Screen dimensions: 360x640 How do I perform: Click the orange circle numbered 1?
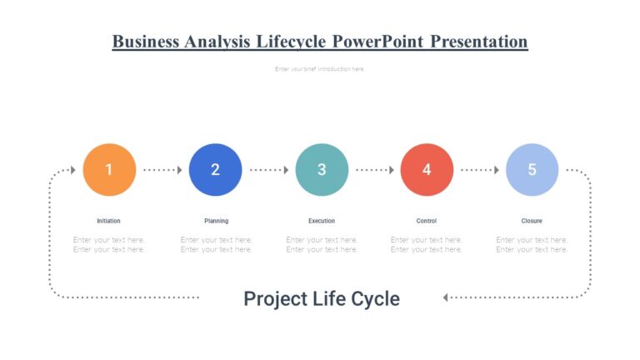pos(109,170)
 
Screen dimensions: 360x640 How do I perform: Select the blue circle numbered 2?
pos(215,170)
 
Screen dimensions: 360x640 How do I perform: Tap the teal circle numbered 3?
pos(322,170)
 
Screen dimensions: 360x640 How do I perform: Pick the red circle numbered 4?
pos(427,170)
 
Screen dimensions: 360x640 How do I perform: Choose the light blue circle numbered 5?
pos(532,170)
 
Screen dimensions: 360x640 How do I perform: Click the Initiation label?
pos(109,221)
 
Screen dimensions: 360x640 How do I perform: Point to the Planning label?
pos(216,221)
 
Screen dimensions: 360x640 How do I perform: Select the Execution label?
pos(322,221)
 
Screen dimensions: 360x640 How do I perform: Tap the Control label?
pos(427,221)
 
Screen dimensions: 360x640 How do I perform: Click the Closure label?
pos(532,221)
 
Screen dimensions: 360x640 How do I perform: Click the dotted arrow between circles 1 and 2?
pos(162,170)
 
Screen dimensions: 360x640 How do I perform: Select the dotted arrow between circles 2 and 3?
pos(268,170)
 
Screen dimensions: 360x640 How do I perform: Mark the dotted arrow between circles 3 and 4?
pos(374,170)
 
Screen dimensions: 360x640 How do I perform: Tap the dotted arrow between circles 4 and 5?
pos(480,170)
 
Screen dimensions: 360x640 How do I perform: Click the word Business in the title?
pos(146,42)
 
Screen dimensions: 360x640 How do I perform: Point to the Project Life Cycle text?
pos(322,298)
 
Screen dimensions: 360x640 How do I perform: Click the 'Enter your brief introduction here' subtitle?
pos(320,69)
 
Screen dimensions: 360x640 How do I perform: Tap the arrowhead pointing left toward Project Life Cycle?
pos(447,297)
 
